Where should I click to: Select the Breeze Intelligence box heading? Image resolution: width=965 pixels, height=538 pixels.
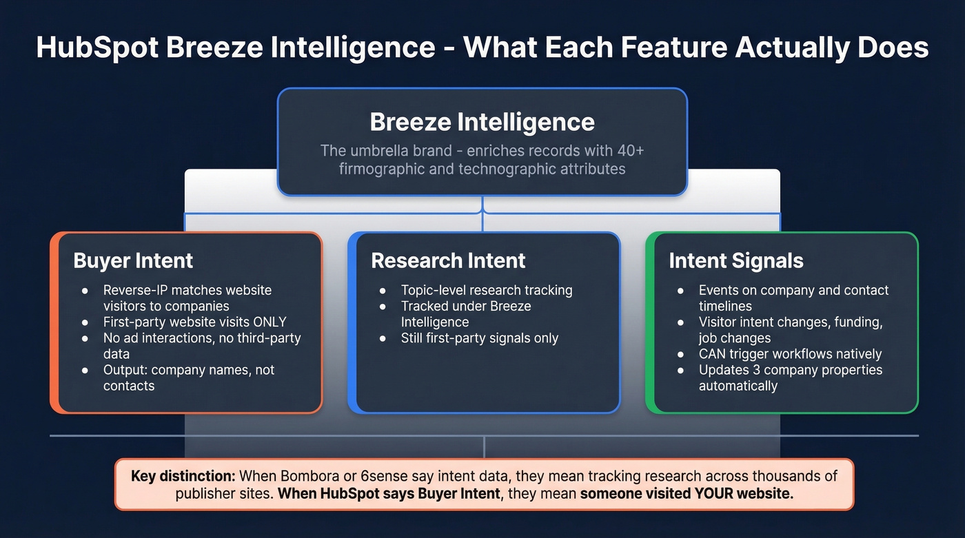482,122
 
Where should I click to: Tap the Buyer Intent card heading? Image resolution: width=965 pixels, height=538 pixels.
133,260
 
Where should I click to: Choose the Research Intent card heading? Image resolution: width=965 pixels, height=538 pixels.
448,260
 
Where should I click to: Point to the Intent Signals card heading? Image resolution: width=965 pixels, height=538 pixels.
736,260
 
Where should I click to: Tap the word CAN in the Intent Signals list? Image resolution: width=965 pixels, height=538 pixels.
713,354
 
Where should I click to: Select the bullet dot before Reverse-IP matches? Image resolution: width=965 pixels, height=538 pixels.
84,291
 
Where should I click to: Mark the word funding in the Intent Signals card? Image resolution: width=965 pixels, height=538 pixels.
857,322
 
